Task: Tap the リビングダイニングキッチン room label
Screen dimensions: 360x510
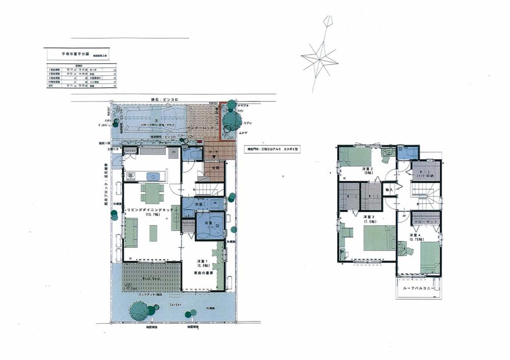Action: coord(146,210)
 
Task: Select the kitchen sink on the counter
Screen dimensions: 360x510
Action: coord(152,176)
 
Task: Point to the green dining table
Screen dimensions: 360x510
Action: coord(152,193)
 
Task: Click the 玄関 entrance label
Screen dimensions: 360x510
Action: coord(214,167)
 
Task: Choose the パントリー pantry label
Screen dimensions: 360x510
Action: coord(131,151)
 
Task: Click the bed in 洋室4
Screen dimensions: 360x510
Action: coord(430,258)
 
